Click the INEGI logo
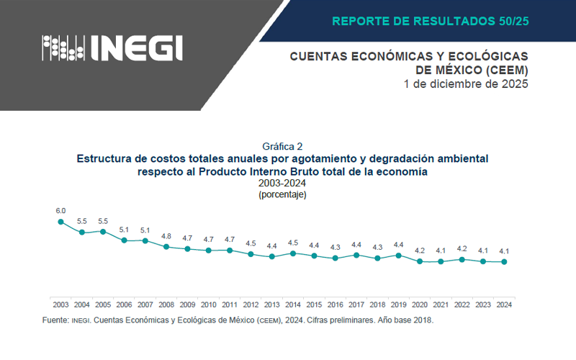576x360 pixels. pos(112,48)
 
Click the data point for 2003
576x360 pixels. pos(60,222)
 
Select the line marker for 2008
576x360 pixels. pos(166,246)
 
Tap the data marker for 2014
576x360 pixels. pos(292,253)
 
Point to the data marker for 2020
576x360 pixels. pos(420,261)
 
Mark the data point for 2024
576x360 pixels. pos(504,262)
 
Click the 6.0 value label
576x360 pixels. pos(60,211)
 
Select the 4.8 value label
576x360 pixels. pos(166,235)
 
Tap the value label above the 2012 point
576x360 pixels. pos(251,243)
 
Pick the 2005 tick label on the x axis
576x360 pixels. pos(102,305)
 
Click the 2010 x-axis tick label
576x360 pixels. pos(208,305)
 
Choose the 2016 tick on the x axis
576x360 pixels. pos(335,305)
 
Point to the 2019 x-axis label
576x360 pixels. pos(398,305)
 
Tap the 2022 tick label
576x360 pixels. pos(462,305)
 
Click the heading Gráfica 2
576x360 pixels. pos(282,145)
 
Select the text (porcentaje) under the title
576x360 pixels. pos(282,194)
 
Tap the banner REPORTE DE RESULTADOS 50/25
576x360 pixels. pos(430,21)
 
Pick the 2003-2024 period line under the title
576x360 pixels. pos(282,184)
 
